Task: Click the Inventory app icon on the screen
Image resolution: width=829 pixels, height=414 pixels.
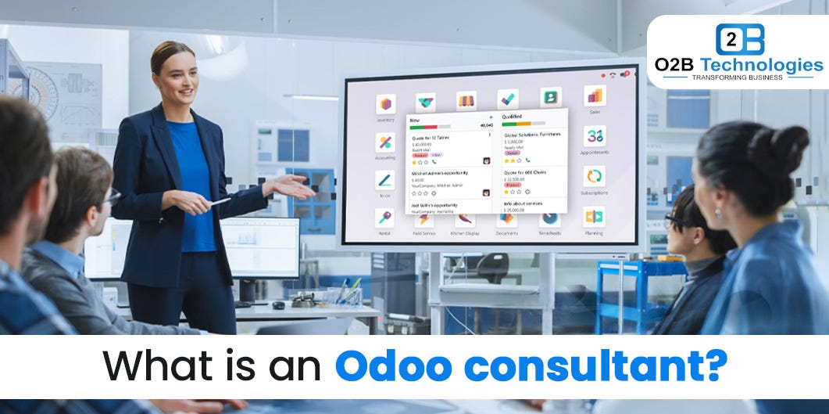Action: pyautogui.click(x=385, y=104)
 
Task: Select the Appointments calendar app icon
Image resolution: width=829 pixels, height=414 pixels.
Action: pyautogui.click(x=595, y=136)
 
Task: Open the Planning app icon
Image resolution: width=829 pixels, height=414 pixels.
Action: pyautogui.click(x=594, y=217)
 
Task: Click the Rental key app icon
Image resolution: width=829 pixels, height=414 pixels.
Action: pyautogui.click(x=384, y=218)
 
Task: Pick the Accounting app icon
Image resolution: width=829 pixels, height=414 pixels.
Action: pyautogui.click(x=385, y=142)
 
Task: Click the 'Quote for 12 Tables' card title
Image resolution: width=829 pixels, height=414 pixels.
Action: pyautogui.click(x=429, y=137)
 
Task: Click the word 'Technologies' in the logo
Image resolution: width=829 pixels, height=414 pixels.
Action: pyautogui.click(x=763, y=65)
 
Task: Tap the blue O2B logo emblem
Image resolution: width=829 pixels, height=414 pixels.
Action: pyautogui.click(x=738, y=39)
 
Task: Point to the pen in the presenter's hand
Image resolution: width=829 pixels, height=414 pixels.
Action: pyautogui.click(x=219, y=201)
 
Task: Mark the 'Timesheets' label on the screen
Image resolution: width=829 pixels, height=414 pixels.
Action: pyautogui.click(x=550, y=233)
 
